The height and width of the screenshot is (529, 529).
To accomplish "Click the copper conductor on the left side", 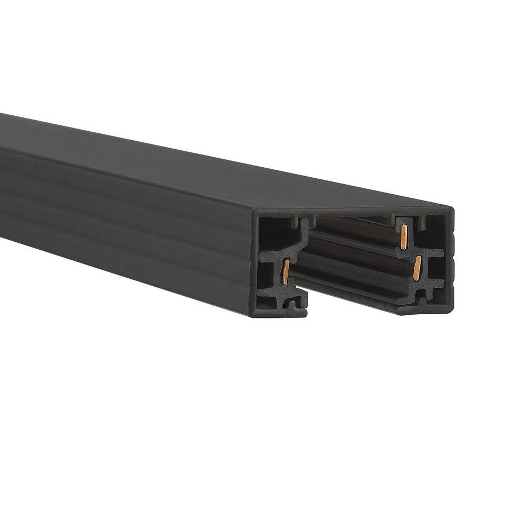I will (x=286, y=269).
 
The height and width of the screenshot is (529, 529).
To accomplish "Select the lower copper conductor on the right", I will (x=418, y=267).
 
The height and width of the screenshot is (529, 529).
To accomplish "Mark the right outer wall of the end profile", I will (x=451, y=259).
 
